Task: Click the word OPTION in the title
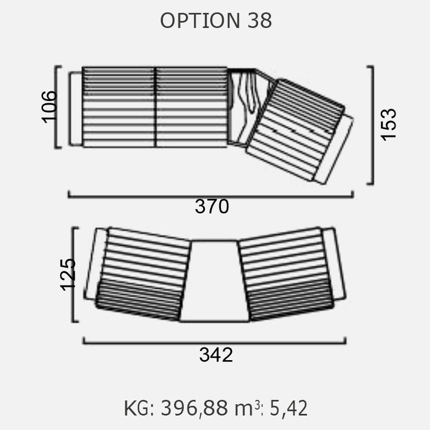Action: pos(200,20)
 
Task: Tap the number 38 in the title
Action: pos(260,20)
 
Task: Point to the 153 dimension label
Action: pos(389,125)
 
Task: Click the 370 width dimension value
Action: pos(211,207)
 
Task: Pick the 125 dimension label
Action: pos(67,275)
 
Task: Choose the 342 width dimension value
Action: pos(216,355)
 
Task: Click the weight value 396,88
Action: pos(194,408)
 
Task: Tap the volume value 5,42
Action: pos(288,408)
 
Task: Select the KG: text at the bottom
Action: pos(139,408)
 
